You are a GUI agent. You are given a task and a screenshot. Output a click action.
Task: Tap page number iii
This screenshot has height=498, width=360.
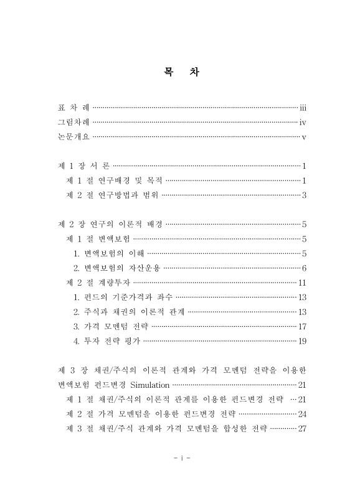click(303, 108)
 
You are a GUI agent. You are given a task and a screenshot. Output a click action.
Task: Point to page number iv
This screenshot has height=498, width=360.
click(303, 122)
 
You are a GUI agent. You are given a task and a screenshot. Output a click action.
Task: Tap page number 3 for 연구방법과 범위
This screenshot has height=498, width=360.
click(303, 195)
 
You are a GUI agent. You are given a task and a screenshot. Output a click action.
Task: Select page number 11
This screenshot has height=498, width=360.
click(301, 283)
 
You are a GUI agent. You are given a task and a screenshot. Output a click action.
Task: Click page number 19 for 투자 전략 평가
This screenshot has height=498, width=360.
click(301, 341)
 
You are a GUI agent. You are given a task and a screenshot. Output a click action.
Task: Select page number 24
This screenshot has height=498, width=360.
click(301, 413)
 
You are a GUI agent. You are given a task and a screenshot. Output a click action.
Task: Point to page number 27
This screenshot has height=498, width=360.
click(301, 428)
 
